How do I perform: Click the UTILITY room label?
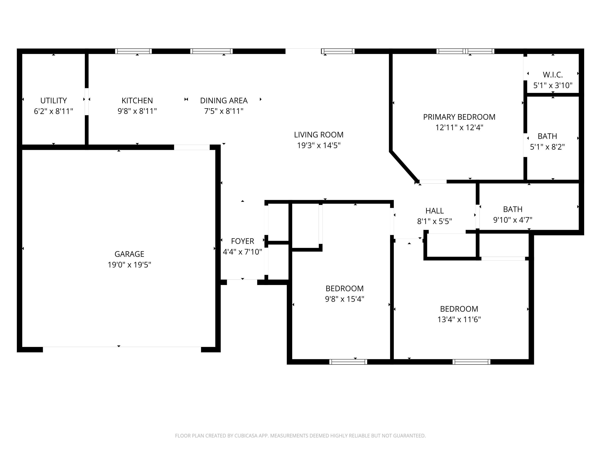pos(53,101)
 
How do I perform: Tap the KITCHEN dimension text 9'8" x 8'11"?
pos(137,111)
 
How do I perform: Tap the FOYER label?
pos(242,241)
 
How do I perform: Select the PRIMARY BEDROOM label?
pos(459,117)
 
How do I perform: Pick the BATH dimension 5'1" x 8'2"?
pos(547,147)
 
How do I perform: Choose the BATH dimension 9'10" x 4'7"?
pos(512,220)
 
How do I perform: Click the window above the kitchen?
pos(133,51)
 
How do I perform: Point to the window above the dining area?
pos(211,51)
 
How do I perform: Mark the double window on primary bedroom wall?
pos(465,51)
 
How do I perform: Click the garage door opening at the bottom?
pos(122,347)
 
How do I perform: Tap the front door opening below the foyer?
pos(242,282)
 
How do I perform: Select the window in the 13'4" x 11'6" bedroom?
pos(471,362)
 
